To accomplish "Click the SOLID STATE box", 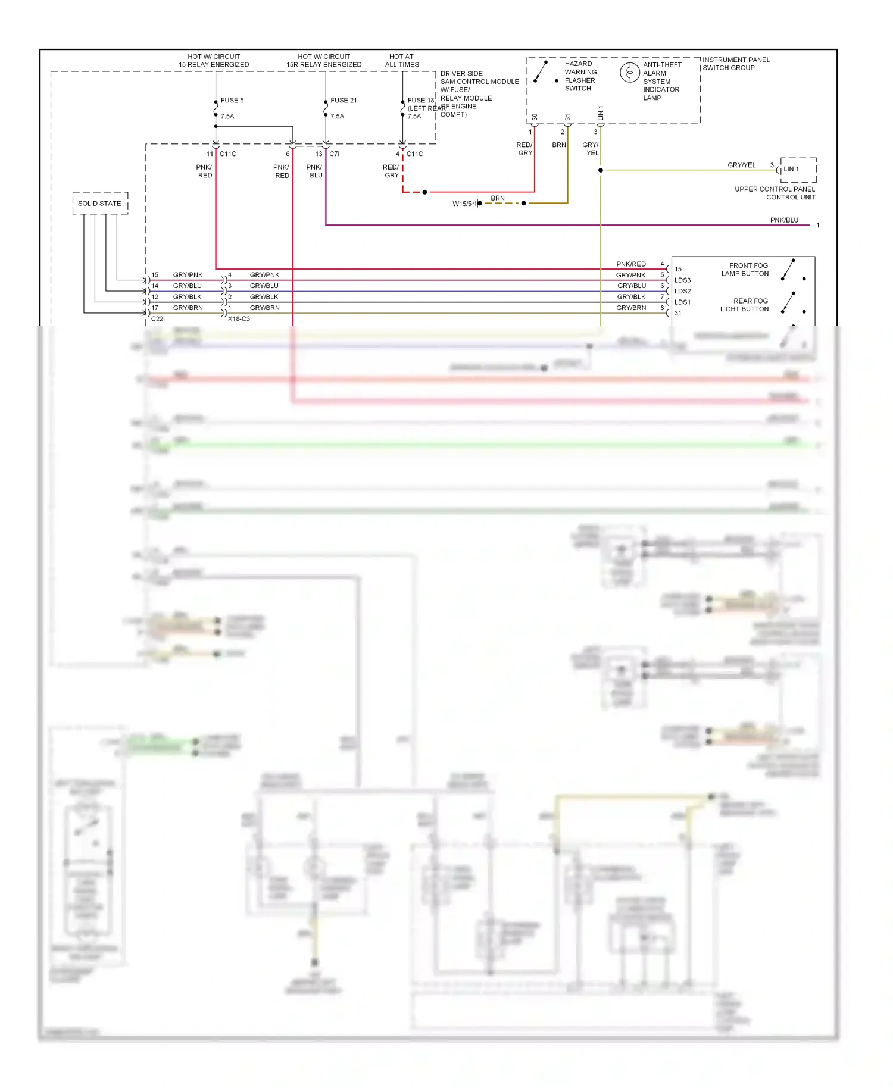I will click(100, 203).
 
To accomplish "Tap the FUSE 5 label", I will click(232, 100).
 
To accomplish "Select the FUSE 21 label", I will click(344, 100).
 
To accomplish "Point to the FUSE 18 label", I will click(420, 101).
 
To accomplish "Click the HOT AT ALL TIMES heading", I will click(401, 61).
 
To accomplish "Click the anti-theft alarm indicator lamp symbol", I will click(629, 73).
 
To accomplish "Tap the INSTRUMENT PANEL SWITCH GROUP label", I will click(736, 64).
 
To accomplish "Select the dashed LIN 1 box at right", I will click(798, 170).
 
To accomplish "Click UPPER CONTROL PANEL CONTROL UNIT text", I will click(775, 193).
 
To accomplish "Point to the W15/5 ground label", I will click(462, 204).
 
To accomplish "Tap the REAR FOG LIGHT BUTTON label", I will click(745, 305).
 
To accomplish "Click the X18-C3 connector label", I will click(239, 319).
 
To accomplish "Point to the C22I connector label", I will click(158, 319).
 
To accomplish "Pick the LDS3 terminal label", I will click(682, 280).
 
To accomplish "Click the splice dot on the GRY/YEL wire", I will click(601, 170).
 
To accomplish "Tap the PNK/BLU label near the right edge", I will click(784, 220).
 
